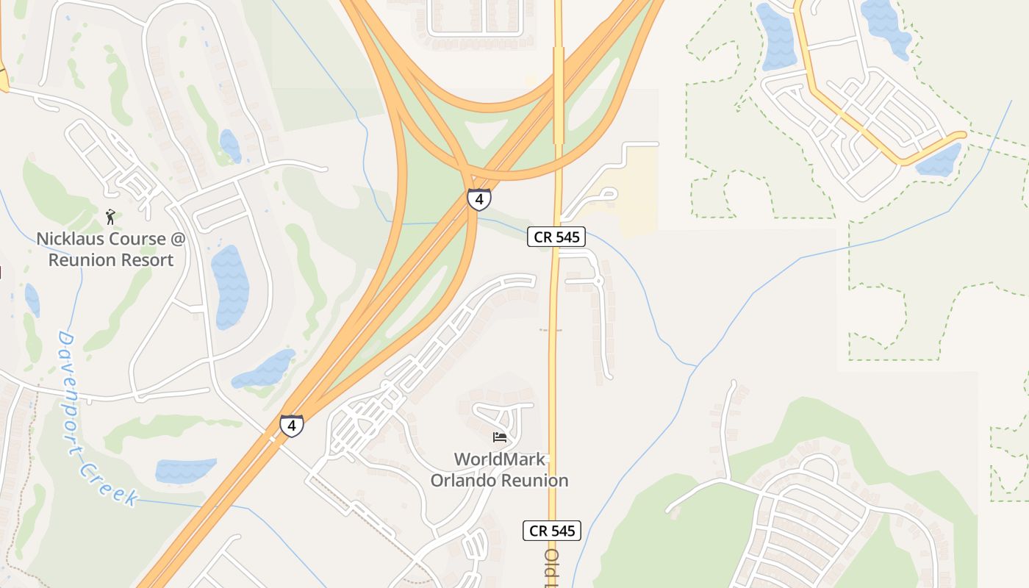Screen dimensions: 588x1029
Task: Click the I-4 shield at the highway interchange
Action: [x=478, y=198]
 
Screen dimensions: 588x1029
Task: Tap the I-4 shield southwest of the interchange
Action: [x=292, y=426]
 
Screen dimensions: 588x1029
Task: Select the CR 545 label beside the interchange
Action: [x=556, y=237]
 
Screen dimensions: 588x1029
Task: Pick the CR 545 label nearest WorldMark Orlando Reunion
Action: [x=552, y=531]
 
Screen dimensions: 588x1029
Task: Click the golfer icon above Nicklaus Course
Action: [x=111, y=216]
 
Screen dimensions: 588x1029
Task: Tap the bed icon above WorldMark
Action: [x=500, y=437]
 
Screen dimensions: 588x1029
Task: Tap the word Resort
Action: [x=151, y=260]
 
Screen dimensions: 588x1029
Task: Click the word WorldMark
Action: [x=500, y=460]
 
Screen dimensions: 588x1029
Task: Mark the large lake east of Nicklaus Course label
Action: [x=229, y=287]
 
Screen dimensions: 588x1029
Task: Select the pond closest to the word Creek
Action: [x=185, y=470]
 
